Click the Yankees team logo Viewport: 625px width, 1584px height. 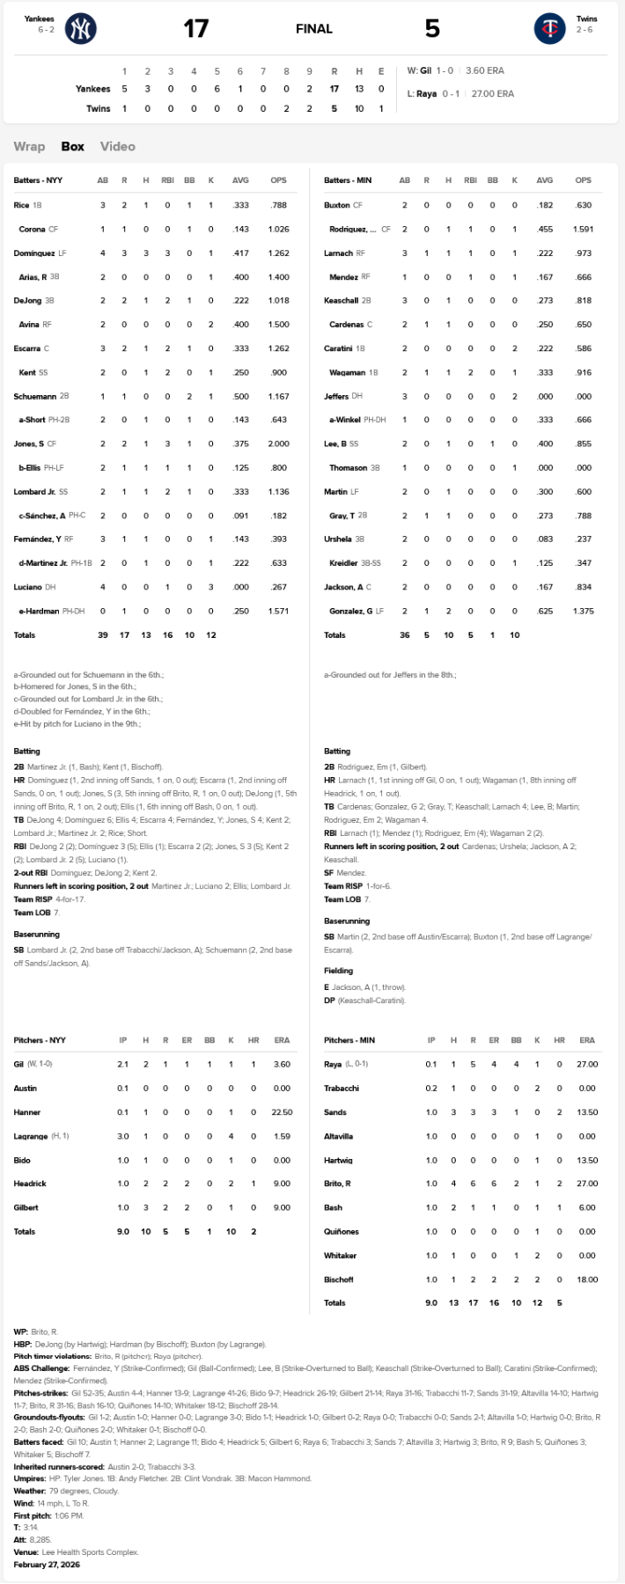coord(80,29)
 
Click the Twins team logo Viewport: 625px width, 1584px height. coord(549,29)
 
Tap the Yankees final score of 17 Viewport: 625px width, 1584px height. coord(195,29)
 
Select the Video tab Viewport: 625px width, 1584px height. coord(117,146)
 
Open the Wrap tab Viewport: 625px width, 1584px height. coord(29,146)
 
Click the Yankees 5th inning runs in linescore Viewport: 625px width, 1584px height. coord(217,89)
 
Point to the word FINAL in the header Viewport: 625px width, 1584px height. coord(313,29)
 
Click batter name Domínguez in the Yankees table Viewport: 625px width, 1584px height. coord(34,253)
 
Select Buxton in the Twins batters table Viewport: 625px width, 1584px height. coord(337,205)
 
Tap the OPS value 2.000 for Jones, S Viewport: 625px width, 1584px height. coord(278,444)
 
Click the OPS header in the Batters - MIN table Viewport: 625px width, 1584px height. coord(583,180)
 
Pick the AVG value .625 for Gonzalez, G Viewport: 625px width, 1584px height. coord(545,611)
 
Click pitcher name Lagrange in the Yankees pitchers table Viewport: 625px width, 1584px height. coord(31,1136)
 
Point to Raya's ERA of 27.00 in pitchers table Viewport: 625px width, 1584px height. coord(586,1064)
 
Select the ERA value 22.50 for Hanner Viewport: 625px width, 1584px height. coord(282,1112)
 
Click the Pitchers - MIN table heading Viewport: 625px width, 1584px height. coord(349,1040)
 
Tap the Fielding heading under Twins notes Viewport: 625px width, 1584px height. coord(338,971)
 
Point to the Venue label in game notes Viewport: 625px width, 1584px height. coord(26,1552)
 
